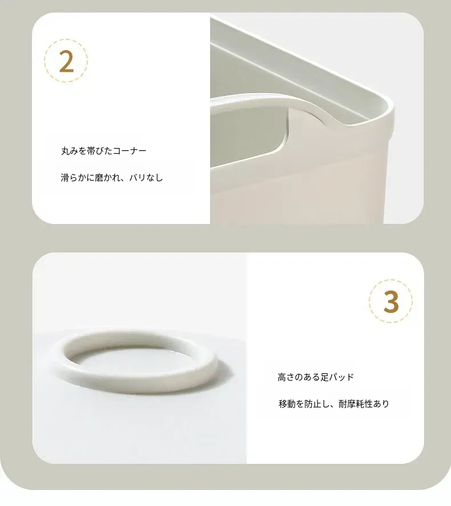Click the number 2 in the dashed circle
pos(67,62)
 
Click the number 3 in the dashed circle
pos(391,302)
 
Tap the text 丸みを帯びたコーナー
pos(104,150)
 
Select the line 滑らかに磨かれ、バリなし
pos(112,177)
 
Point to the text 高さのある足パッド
pos(316,377)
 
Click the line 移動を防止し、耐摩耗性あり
pos(333,403)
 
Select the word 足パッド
pos(337,377)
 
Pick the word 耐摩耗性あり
pos(364,403)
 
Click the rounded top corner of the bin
pos(386,107)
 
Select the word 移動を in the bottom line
pos(291,403)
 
